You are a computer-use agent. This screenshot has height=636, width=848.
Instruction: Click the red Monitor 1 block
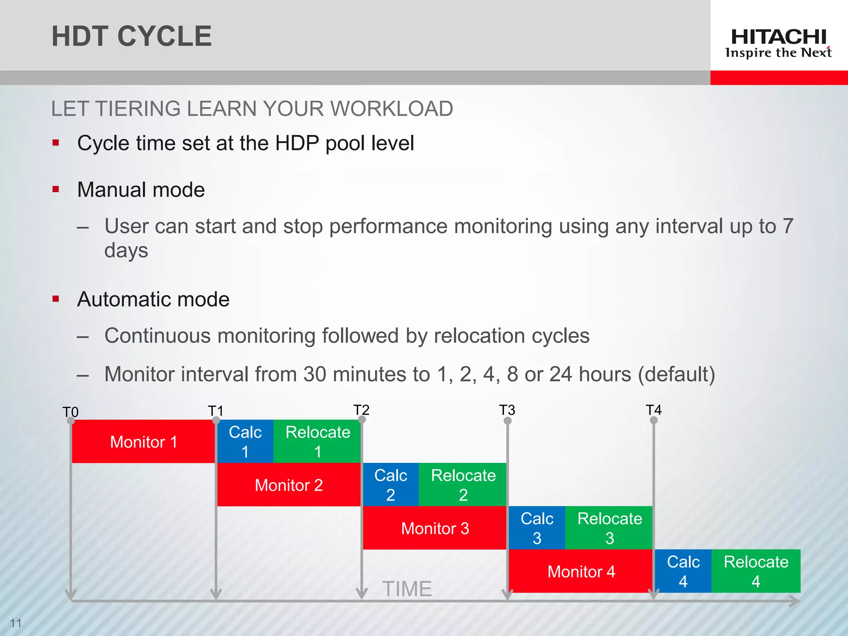(x=143, y=441)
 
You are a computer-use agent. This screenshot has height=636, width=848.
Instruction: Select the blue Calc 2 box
(x=390, y=485)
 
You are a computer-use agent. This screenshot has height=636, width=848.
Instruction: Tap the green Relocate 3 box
(x=609, y=528)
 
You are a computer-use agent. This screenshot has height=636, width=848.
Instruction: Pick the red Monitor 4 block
(x=581, y=571)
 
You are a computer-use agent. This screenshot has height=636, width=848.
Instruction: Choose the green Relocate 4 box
(x=756, y=571)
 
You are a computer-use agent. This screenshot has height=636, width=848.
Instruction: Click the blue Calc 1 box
(x=245, y=441)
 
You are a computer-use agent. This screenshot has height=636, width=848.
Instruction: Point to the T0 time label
(x=70, y=412)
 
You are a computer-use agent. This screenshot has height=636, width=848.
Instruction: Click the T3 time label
(x=507, y=410)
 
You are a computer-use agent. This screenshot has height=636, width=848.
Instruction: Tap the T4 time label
(x=653, y=410)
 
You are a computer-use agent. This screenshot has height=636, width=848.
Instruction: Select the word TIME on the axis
(x=407, y=589)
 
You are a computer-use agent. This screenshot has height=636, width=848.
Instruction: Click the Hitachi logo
(x=778, y=43)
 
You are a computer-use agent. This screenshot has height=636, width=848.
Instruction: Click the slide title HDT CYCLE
(x=131, y=36)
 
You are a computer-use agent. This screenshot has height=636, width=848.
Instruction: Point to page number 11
(x=16, y=623)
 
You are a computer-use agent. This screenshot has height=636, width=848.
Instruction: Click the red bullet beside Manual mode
(x=56, y=190)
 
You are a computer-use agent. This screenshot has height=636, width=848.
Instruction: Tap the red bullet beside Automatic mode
(x=56, y=299)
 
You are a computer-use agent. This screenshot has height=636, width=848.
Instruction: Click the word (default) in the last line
(x=677, y=374)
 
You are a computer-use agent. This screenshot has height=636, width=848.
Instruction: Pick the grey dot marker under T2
(x=361, y=419)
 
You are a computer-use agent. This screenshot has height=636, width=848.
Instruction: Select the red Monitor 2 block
(x=289, y=485)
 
